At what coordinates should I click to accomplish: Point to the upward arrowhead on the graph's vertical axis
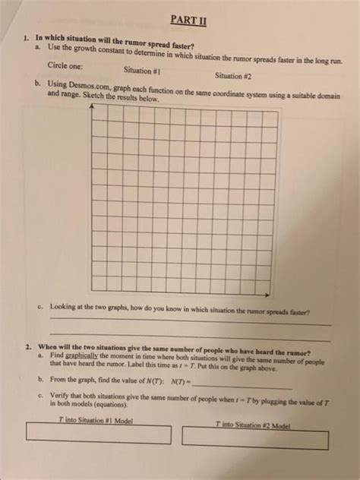(x=90, y=107)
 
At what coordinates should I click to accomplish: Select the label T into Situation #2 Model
(x=248, y=425)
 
